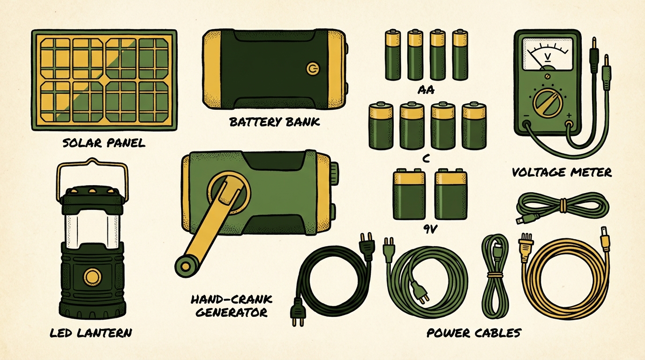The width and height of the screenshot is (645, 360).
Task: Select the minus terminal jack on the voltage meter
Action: [527, 124]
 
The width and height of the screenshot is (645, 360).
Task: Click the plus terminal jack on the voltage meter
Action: [569, 124]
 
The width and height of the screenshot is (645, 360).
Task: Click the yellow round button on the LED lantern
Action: [92, 277]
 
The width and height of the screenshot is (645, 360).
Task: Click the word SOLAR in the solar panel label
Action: [82, 143]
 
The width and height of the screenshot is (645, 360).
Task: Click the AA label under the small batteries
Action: [426, 90]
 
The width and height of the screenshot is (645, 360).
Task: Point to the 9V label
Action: [430, 229]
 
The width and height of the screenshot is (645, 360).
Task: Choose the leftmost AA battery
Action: [393, 54]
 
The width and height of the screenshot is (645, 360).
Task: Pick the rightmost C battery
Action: [474, 125]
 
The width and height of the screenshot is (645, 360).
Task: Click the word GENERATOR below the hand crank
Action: [232, 313]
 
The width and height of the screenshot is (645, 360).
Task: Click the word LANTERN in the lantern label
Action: [105, 333]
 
